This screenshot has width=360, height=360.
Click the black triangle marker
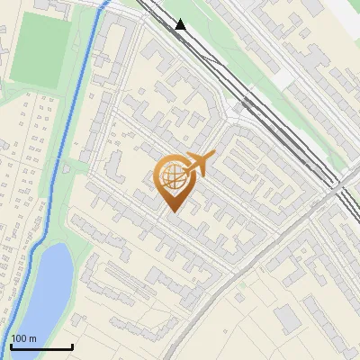pos(181,24)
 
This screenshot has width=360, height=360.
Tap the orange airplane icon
pos(197,164)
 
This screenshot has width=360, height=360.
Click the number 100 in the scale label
pos(20,338)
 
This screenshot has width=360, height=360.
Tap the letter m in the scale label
pos(33,338)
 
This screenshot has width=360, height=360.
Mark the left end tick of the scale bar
pos(10,346)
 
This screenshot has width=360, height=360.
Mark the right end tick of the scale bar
pos(72,346)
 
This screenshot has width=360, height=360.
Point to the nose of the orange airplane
pos(213,157)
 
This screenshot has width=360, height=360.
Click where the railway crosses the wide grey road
pos(337,189)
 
